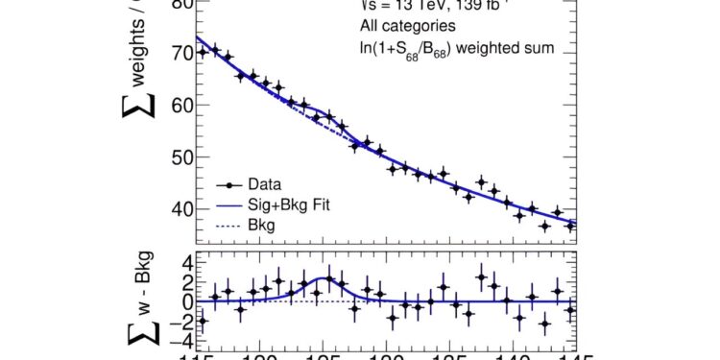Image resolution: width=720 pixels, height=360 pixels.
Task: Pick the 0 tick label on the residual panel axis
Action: point(182,301)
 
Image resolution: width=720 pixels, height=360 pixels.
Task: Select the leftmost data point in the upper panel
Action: point(202,52)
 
